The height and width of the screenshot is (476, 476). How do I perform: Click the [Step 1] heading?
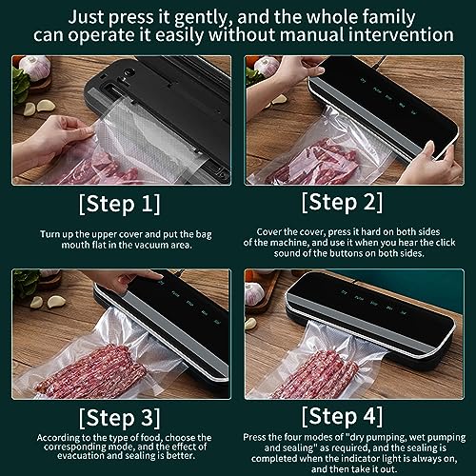[x=119, y=204]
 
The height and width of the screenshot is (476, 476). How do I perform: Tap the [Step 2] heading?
[x=342, y=202]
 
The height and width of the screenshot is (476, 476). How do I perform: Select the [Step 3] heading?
[x=119, y=418]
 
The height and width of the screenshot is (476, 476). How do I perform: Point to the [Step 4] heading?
[x=342, y=416]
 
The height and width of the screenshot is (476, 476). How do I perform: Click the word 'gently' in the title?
[x=201, y=17]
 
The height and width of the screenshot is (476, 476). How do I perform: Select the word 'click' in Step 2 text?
[x=446, y=243]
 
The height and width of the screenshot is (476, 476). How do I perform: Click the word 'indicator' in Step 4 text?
[x=397, y=458]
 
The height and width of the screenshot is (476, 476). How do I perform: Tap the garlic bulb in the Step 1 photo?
[x=35, y=67]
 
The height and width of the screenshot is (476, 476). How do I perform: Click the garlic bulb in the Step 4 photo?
[x=253, y=294]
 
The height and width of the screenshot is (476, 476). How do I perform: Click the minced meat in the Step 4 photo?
[x=316, y=374]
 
